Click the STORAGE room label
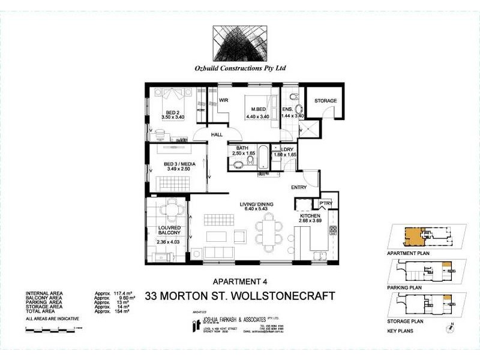(325, 101)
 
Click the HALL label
(217, 135)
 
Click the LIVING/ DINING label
(256, 205)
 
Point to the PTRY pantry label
(326, 204)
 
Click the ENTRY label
(299, 187)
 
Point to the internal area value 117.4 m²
(122, 293)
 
